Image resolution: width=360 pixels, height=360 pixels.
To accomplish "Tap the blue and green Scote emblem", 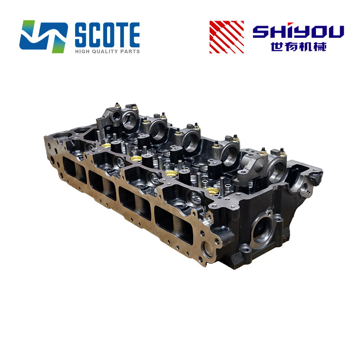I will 43,36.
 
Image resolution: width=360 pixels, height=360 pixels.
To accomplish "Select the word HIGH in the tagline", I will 82,51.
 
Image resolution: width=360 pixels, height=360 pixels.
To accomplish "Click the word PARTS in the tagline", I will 130,51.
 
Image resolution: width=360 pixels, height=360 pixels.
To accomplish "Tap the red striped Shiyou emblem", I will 226,36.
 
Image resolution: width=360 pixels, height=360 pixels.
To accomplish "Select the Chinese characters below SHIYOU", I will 298,46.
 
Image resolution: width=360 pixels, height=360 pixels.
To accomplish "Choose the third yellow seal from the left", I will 170,173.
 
